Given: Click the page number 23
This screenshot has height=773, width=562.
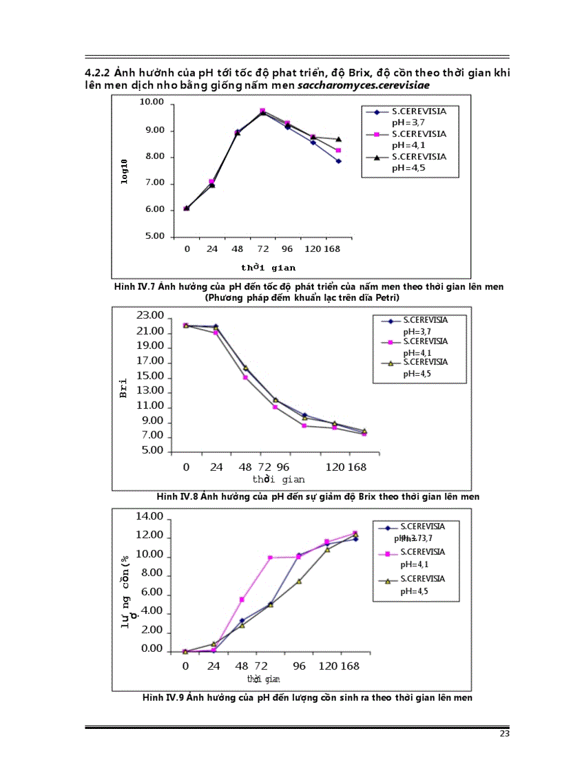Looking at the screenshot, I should [505, 734].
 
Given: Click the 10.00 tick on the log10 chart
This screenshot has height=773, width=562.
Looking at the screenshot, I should [152, 103].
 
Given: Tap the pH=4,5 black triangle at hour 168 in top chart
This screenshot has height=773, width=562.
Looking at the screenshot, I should [338, 140].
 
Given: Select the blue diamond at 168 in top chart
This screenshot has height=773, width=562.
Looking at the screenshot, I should [338, 161].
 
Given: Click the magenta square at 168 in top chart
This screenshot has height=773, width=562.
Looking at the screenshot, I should [338, 150].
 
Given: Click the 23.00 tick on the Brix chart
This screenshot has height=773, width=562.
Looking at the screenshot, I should [150, 316].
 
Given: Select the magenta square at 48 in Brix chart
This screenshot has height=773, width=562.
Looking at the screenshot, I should [245, 377].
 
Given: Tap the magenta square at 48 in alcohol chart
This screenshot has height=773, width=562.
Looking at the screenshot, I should [242, 600].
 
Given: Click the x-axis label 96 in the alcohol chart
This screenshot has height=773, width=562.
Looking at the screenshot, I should [299, 666].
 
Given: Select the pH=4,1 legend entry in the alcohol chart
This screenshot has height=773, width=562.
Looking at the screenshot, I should [421, 557].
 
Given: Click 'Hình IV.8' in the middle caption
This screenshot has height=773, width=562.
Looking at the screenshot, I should [178, 496].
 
